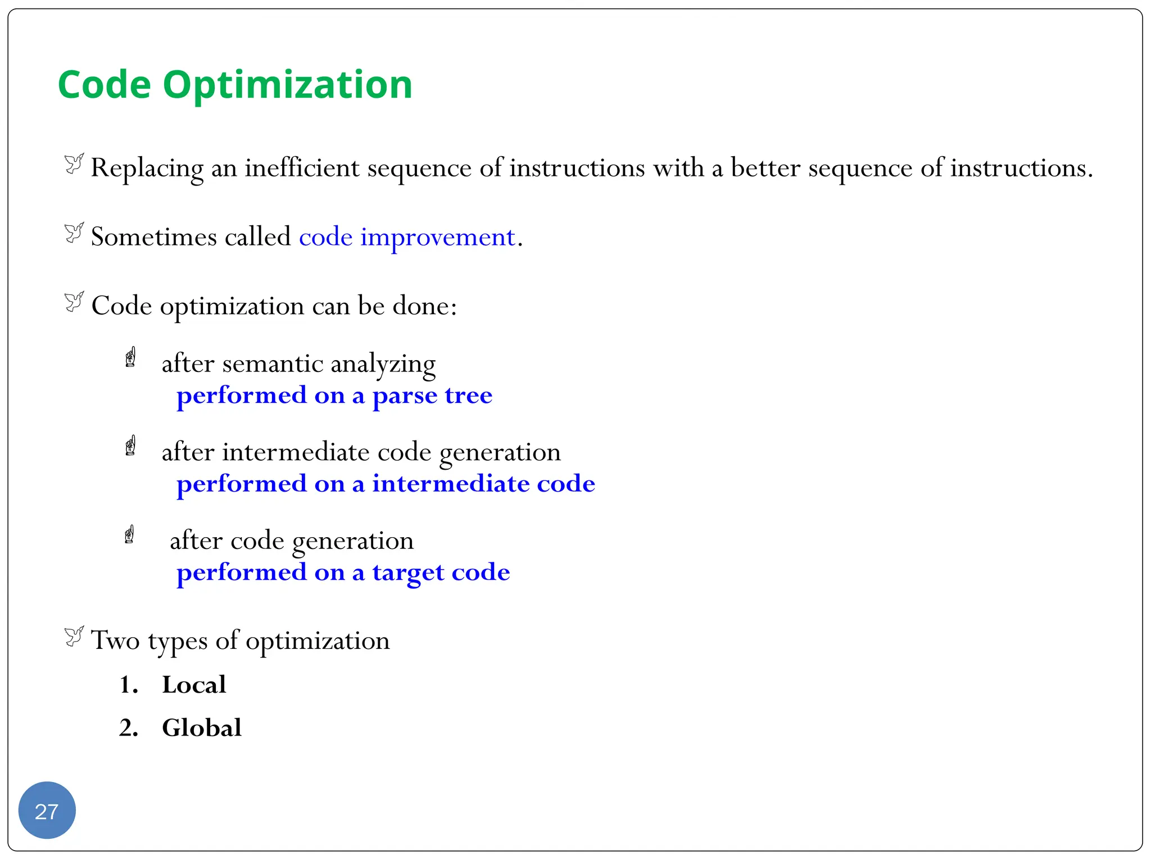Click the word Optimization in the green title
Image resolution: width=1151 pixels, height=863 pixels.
pyautogui.click(x=288, y=85)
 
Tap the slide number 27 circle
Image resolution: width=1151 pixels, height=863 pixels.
pyautogui.click(x=47, y=811)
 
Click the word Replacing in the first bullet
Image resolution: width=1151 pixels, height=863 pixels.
pyautogui.click(x=147, y=168)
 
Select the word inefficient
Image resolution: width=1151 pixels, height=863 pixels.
pyautogui.click(x=302, y=168)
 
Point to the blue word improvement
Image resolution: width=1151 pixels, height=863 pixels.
pyautogui.click(x=437, y=237)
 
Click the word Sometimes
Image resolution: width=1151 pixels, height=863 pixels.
pyautogui.click(x=154, y=237)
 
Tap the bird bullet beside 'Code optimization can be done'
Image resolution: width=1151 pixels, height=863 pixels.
pyautogui.click(x=74, y=302)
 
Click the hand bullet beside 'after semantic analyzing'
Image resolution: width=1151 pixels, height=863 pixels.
pyautogui.click(x=130, y=357)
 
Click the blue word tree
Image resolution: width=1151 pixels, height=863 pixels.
pyautogui.click(x=468, y=396)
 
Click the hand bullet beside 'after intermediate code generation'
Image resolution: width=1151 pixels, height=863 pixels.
pyautogui.click(x=130, y=446)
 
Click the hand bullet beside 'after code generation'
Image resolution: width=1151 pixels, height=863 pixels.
pyautogui.click(x=129, y=534)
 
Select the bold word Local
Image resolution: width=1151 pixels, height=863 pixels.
pyautogui.click(x=194, y=685)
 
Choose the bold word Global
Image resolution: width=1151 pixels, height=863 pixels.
pyautogui.click(x=201, y=728)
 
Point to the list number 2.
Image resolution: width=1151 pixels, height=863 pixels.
pyautogui.click(x=128, y=728)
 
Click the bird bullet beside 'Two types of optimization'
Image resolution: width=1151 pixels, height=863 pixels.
pyautogui.click(x=74, y=636)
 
